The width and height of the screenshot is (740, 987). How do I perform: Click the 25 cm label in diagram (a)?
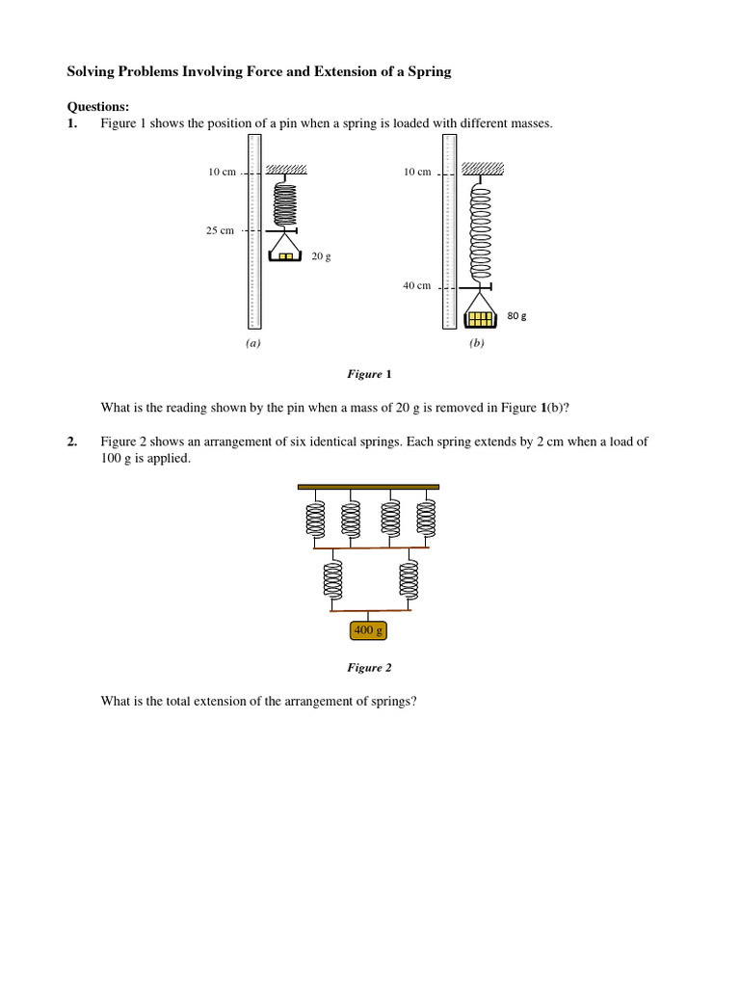[220, 231]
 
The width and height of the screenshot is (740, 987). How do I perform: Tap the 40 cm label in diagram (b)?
[416, 286]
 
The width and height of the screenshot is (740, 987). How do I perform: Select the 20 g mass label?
[321, 257]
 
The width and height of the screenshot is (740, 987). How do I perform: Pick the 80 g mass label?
[516, 316]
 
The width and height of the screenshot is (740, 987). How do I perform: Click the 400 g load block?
[369, 631]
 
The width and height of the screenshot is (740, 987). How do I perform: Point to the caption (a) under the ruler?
[252, 343]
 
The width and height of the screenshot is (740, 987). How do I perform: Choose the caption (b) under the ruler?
[476, 343]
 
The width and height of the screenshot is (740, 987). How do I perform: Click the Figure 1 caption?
[369, 374]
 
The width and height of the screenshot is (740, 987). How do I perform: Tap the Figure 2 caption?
[369, 667]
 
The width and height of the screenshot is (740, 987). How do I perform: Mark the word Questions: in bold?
[97, 106]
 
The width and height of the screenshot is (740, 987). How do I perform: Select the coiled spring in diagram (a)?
[286, 202]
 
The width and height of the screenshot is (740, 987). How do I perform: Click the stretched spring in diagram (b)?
[479, 231]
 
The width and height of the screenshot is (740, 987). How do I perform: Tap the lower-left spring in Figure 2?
[332, 580]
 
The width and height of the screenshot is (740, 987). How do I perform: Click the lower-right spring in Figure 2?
[410, 580]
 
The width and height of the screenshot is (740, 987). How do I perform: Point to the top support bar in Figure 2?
[368, 487]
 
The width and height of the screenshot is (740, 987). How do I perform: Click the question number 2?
[71, 442]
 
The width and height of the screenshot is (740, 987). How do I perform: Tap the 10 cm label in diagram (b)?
[416, 173]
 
